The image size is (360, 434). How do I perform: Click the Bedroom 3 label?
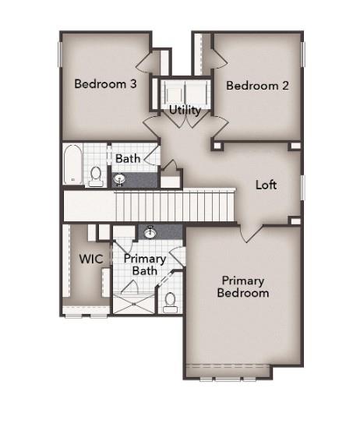click(106, 84)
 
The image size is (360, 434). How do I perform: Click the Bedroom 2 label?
click(257, 86)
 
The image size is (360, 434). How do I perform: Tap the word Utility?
click(185, 111)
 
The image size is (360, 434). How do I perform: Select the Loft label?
click(266, 185)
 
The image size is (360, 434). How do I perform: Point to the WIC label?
click(86, 259)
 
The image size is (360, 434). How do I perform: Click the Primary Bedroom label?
click(243, 287)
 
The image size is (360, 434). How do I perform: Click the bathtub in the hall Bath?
click(72, 164)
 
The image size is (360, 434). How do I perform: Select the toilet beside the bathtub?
click(96, 176)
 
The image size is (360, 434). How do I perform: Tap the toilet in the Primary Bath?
click(170, 300)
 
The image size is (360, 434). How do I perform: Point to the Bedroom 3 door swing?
click(148, 62)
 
